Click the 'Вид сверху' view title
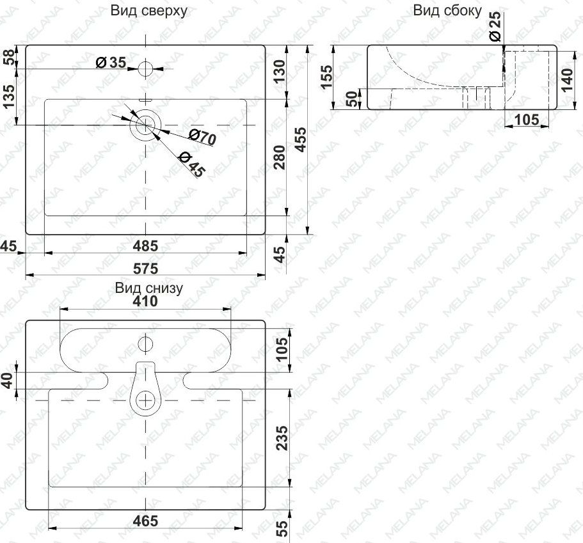[148, 11]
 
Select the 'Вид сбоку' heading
[447, 11]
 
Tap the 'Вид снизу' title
[148, 288]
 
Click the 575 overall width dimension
[146, 269]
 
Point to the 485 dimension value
[146, 246]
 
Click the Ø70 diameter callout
[202, 137]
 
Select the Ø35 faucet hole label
[111, 63]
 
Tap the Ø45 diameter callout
[192, 164]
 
